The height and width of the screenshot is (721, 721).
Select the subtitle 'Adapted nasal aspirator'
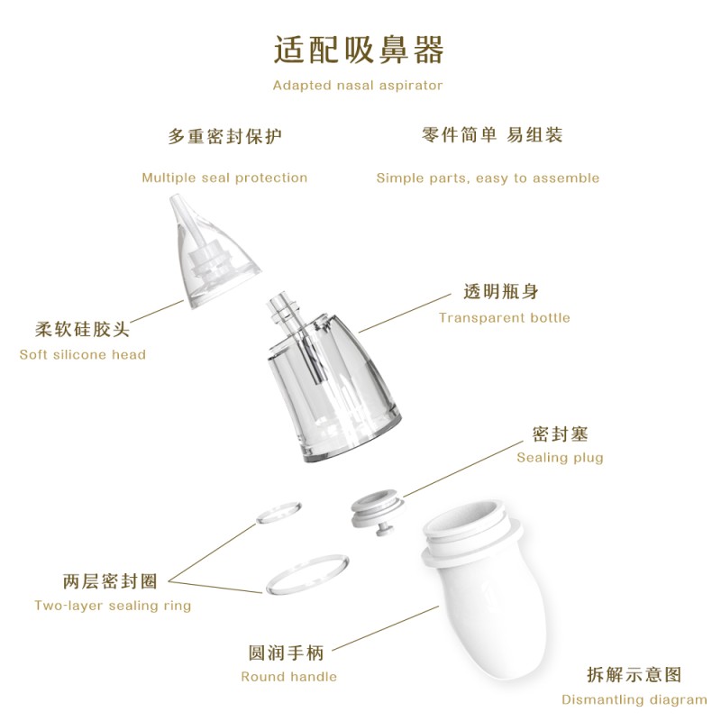point(358,86)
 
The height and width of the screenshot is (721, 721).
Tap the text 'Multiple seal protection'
point(224,178)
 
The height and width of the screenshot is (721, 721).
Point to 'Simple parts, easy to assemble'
point(488,178)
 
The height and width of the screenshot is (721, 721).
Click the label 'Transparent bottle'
point(504,317)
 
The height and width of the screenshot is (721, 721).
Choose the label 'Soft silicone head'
point(82,354)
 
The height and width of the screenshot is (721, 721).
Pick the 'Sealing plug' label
point(560,457)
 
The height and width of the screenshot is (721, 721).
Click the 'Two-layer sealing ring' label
point(113,605)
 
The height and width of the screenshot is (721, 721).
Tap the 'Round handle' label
point(288,676)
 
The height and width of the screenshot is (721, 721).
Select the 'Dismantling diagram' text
point(634,699)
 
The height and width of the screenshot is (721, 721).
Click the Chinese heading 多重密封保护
point(224,137)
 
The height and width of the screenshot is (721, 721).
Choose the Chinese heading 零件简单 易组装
point(491,135)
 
